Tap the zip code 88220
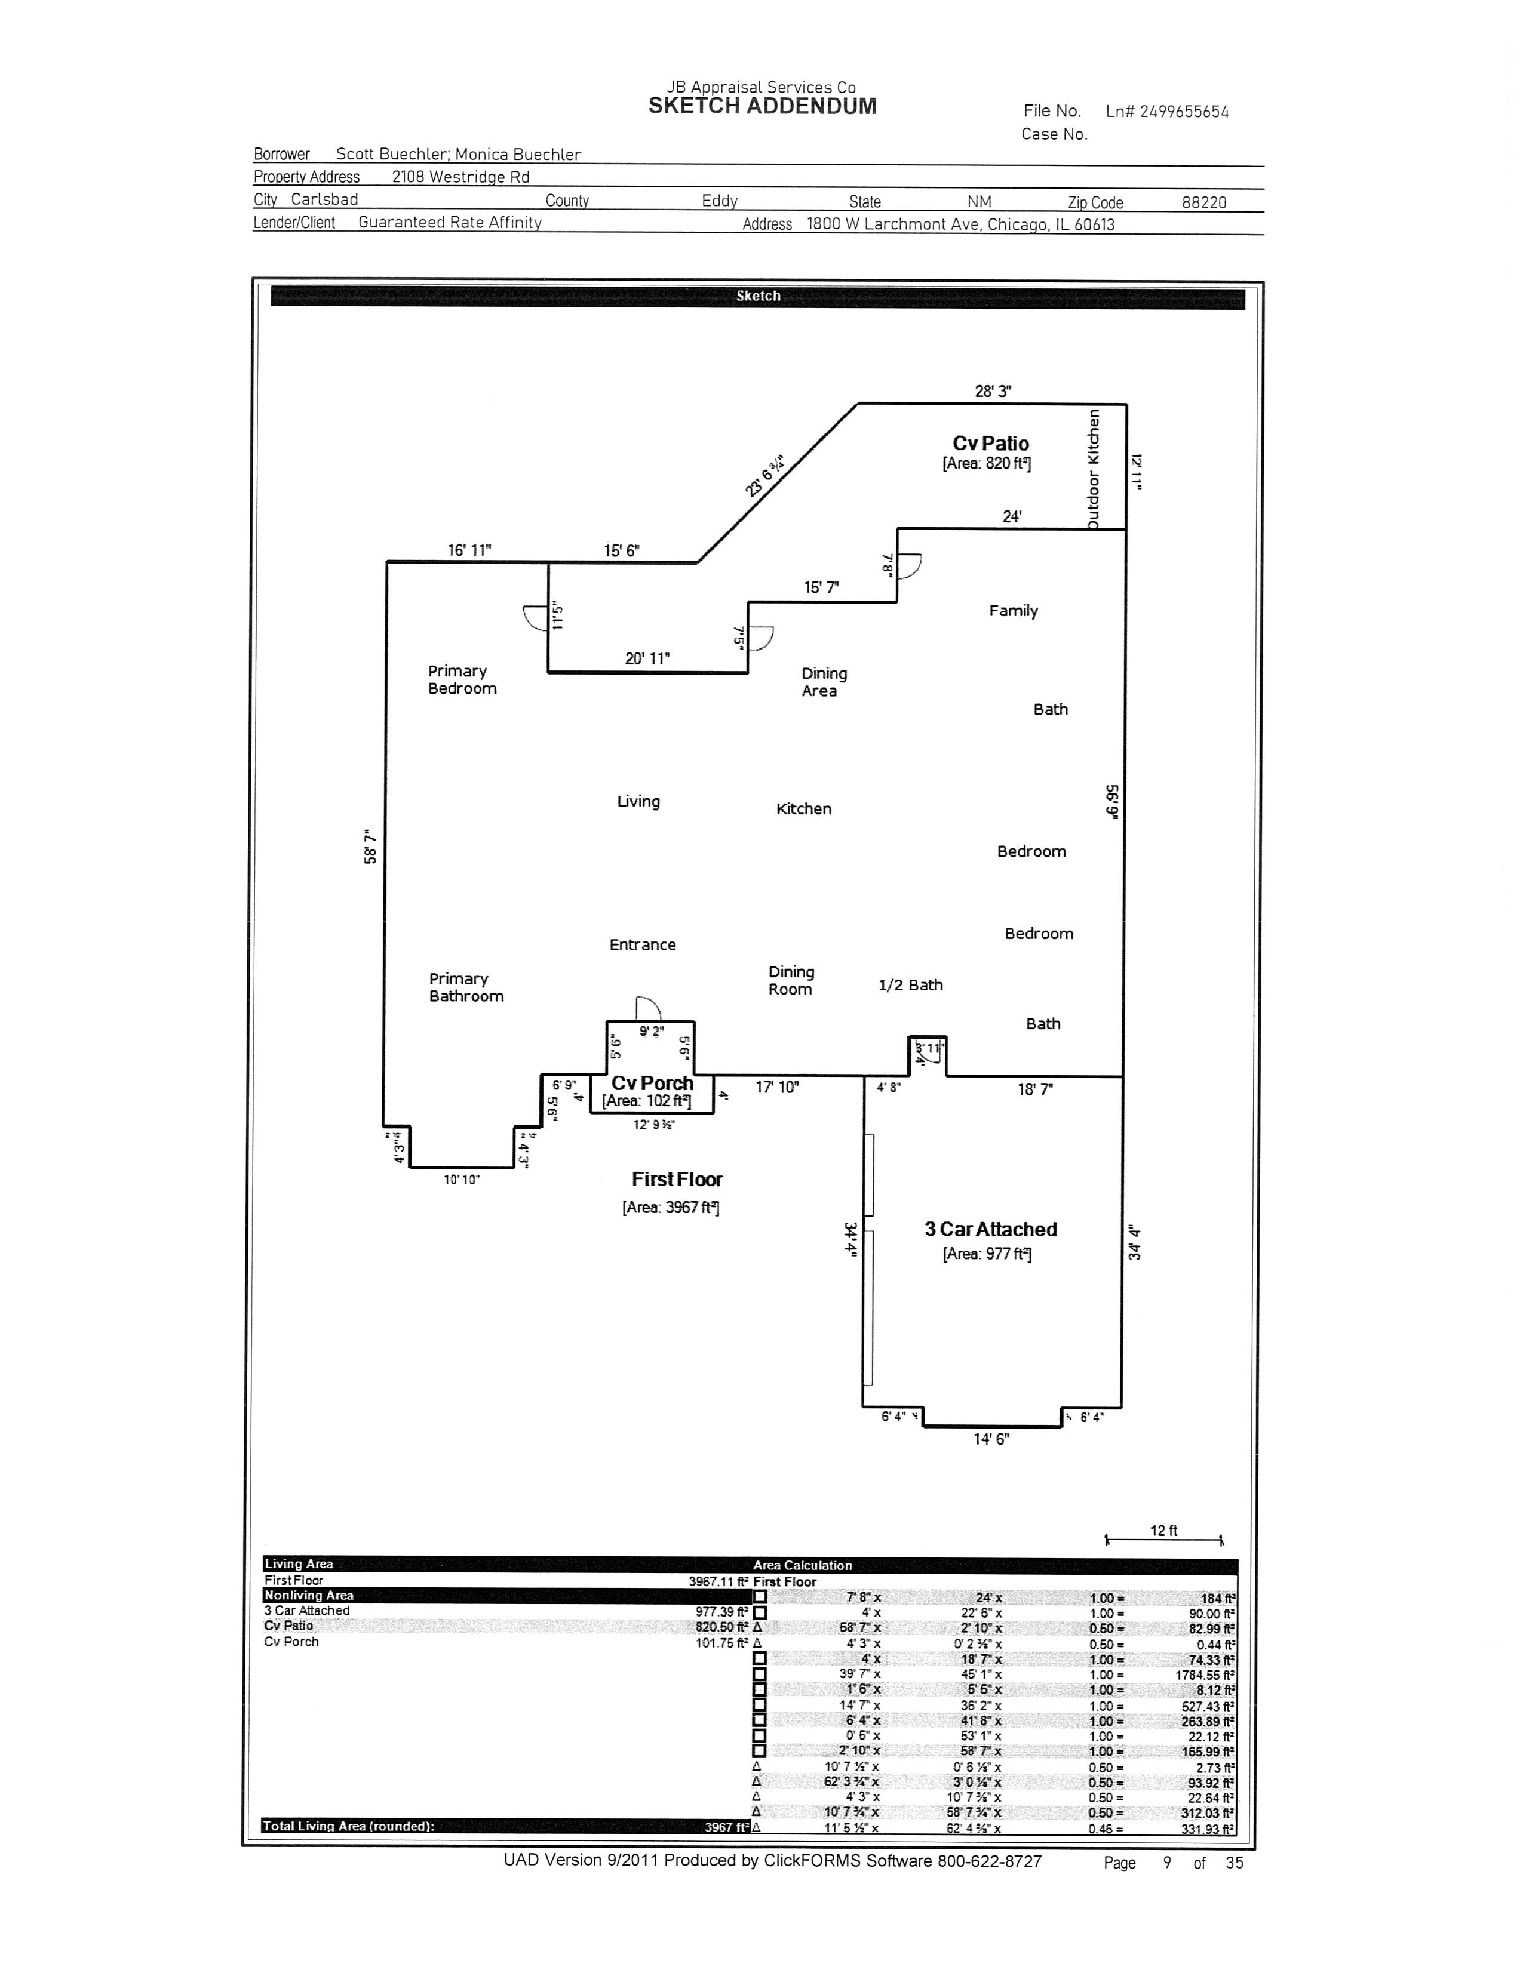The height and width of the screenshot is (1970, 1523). [1203, 202]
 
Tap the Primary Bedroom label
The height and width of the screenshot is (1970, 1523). [462, 679]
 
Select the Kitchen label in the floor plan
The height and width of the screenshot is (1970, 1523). [803, 809]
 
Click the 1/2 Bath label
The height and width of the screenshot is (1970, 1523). [910, 985]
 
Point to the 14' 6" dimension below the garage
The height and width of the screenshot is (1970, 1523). [991, 1439]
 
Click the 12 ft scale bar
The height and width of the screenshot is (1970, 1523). [1163, 1540]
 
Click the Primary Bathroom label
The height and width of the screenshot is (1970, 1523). [466, 988]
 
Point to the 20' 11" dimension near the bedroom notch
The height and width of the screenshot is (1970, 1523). [647, 658]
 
